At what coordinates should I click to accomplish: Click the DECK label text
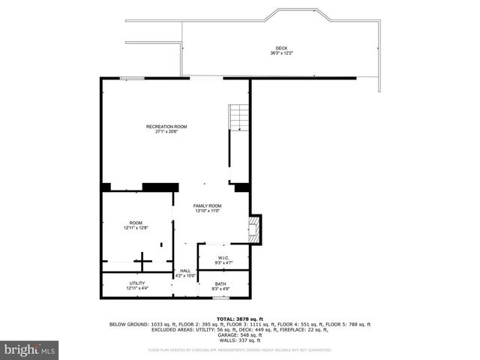(281, 48)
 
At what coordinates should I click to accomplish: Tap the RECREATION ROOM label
(166, 127)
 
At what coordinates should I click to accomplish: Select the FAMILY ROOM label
(208, 205)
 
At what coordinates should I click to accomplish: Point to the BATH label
(220, 283)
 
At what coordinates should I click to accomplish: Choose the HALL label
(185, 271)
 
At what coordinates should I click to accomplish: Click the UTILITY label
(137, 283)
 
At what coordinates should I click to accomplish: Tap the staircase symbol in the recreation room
(237, 119)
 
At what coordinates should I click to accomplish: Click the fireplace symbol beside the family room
(256, 229)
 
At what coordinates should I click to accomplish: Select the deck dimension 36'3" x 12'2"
(281, 53)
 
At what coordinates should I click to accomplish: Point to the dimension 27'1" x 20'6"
(166, 132)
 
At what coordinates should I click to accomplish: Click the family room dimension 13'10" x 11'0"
(208, 211)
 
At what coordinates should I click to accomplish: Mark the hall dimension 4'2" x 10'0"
(185, 276)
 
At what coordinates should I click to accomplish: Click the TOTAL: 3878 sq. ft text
(239, 319)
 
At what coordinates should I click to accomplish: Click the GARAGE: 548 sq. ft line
(239, 334)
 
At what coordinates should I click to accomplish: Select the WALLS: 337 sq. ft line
(239, 340)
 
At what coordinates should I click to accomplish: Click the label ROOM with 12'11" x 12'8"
(136, 223)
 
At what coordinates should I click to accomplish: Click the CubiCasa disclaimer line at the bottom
(239, 349)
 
